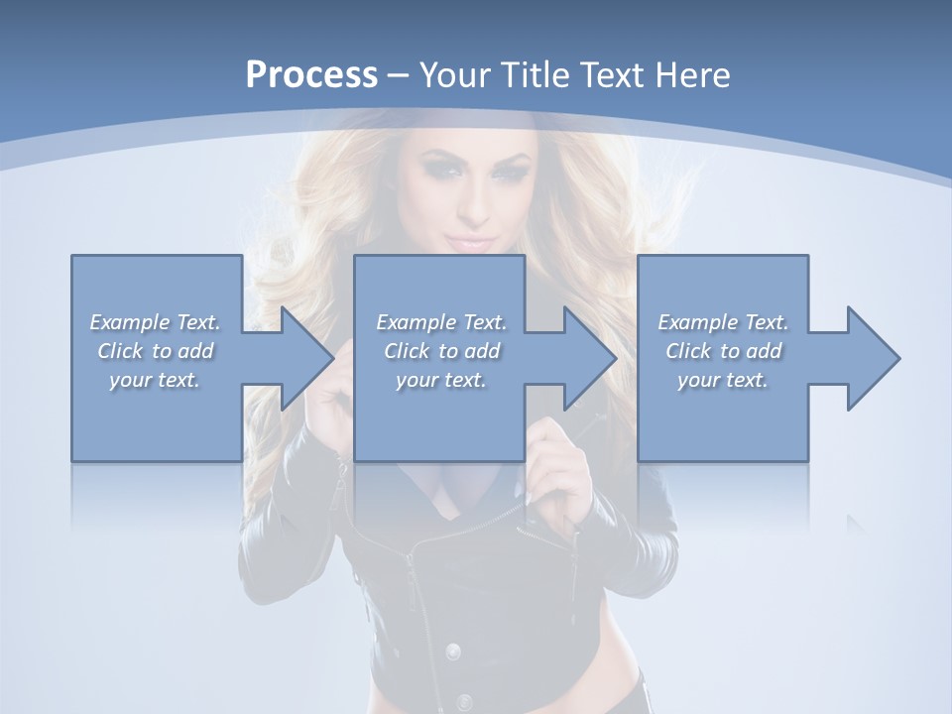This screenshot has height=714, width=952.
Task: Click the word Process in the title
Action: coord(311,74)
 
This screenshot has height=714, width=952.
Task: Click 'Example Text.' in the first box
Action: coord(155,322)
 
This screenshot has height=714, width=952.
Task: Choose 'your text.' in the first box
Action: coord(155,380)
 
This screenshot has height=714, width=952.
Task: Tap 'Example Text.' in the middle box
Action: coord(441,322)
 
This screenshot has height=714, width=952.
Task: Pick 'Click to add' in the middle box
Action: coord(441,351)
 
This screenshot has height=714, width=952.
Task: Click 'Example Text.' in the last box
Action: coord(723,322)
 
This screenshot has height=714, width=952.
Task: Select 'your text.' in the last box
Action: coord(723,380)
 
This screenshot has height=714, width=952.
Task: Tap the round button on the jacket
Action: coord(453,652)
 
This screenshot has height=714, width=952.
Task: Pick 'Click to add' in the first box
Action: coord(155,351)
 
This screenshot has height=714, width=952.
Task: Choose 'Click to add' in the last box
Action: coord(723,351)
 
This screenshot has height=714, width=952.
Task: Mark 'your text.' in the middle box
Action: coord(441,380)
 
